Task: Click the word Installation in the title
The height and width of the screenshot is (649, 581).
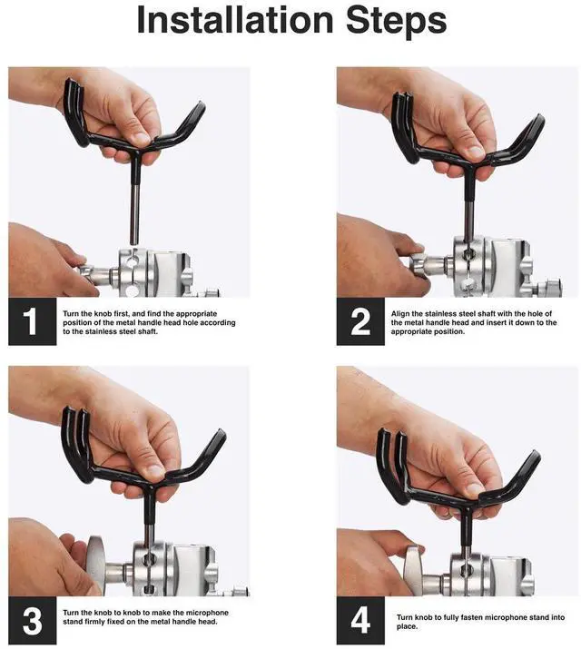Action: click(234, 20)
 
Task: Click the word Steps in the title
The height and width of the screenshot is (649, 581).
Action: click(396, 22)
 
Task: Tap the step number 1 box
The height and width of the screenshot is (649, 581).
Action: click(33, 321)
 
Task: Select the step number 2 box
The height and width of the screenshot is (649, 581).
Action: click(360, 321)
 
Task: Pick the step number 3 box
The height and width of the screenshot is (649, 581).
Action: click(33, 621)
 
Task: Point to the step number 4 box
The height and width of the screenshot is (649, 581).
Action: click(360, 621)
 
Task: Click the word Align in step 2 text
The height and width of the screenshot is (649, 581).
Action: click(400, 314)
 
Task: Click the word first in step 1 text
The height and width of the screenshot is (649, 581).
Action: click(122, 314)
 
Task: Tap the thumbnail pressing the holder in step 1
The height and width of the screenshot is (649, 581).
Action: click(142, 139)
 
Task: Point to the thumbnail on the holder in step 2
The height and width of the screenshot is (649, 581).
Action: click(476, 152)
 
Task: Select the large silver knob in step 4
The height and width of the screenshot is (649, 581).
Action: click(414, 571)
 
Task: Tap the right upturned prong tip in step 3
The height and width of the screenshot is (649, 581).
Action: click(222, 433)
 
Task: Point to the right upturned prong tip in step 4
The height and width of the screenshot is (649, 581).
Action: click(536, 455)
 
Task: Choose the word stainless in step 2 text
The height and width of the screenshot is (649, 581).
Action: click(441, 314)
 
